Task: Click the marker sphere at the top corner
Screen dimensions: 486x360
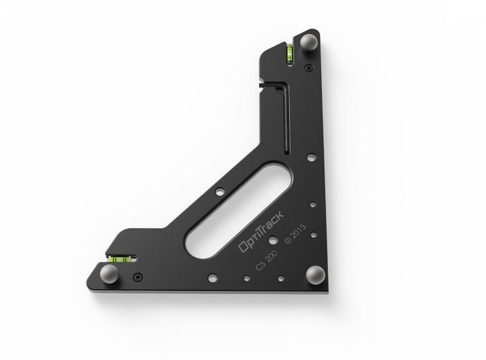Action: tap(309, 41)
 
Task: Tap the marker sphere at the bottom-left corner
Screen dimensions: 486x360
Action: tap(109, 273)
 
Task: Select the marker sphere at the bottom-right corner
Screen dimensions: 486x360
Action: tap(315, 274)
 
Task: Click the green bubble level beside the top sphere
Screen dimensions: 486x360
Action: tap(290, 55)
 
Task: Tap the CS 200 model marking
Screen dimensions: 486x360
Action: tap(266, 261)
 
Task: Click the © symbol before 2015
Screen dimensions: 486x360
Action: tap(287, 241)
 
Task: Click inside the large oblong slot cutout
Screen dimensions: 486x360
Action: tap(238, 210)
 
